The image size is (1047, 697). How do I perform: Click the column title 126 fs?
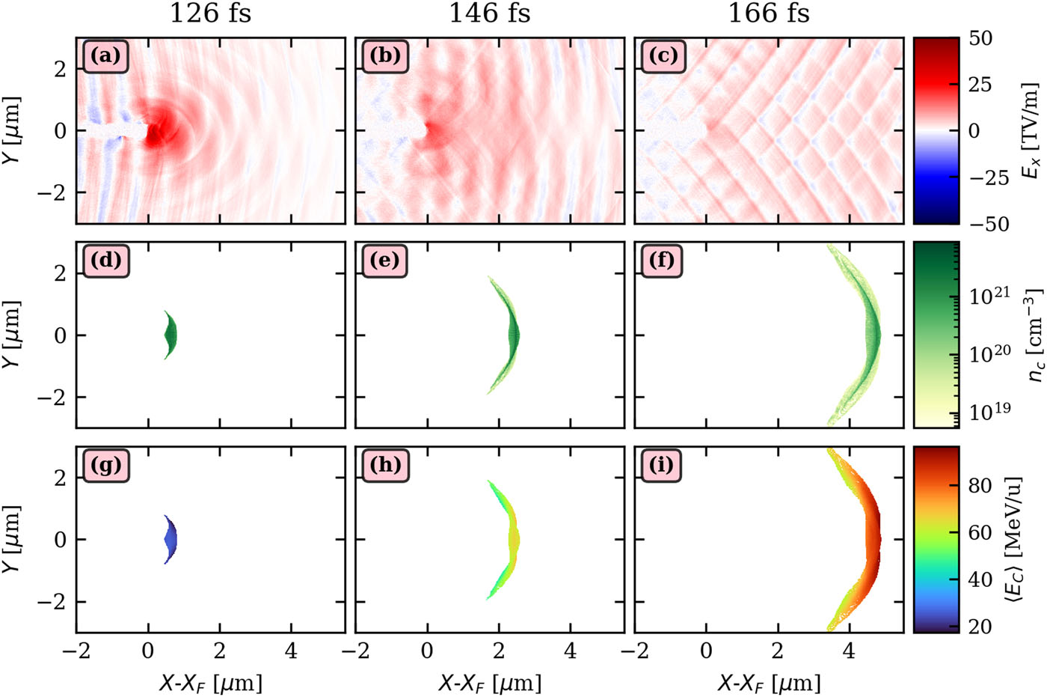coord(210,13)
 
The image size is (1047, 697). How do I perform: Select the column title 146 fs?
coord(489,13)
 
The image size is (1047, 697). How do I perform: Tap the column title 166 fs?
coord(769,13)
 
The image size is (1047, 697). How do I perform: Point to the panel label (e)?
coord(384,261)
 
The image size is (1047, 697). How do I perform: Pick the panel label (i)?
coord(663,466)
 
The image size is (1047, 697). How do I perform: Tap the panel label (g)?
coord(105,466)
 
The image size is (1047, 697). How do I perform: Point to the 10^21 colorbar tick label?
coord(990,296)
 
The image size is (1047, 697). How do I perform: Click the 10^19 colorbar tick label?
coord(990,410)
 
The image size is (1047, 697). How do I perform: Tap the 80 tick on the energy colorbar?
coord(980,486)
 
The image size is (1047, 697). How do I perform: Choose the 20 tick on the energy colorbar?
coord(980,626)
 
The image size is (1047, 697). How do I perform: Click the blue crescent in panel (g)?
coord(171,539)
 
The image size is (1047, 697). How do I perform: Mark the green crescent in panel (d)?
coord(171,335)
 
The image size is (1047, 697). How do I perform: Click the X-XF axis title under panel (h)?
coord(489,682)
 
